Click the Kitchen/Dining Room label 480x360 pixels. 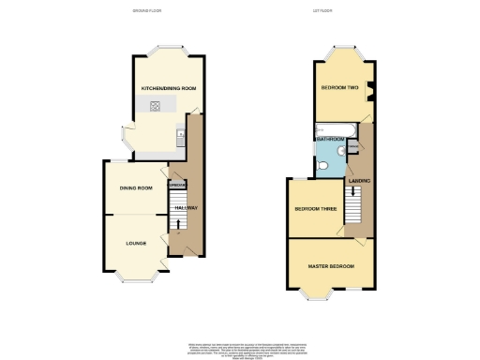click(169, 88)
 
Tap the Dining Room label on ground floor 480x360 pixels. click(136, 188)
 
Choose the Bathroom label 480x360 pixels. click(330, 140)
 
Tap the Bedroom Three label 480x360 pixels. click(315, 209)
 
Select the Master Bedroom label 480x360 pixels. click(332, 267)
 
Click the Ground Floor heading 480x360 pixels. click(146, 10)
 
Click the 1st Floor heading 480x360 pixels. click(322, 10)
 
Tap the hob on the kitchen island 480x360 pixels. click(153, 106)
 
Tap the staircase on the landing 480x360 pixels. click(353, 202)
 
